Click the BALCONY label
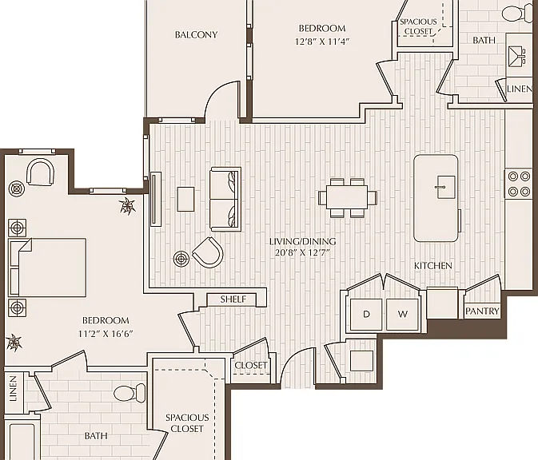[x=196, y=34]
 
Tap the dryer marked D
[x=366, y=314]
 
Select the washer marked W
[x=402, y=314]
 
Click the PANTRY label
[x=482, y=311]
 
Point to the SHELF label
[x=233, y=299]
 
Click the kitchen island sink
[x=445, y=187]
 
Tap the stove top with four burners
[x=519, y=184]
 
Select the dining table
[x=347, y=197]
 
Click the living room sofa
[x=225, y=199]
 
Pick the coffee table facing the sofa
[x=185, y=199]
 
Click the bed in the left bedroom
[x=47, y=268]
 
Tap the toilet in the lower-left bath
[x=130, y=392]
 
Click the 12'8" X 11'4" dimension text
[x=322, y=42]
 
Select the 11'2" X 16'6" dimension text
[x=106, y=334]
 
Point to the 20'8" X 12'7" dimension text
[x=302, y=253]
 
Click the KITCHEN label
[x=432, y=266]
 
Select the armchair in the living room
[x=209, y=252]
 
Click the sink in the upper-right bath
[x=516, y=55]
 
